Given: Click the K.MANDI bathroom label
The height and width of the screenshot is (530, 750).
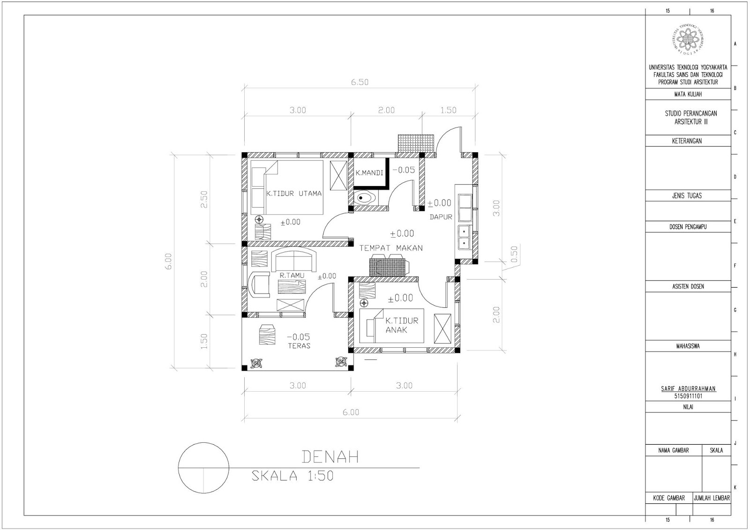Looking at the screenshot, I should pos(369,173).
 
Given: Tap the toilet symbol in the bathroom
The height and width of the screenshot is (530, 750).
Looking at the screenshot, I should pos(365,198).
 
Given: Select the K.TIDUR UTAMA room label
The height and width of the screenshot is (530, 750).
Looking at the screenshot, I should pos(294,193).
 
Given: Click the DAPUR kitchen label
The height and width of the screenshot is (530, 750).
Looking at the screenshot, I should pos(441,217).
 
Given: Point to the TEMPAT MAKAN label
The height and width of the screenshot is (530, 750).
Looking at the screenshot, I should pos(391,248).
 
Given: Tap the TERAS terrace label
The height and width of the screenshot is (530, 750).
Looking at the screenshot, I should pos(299,346).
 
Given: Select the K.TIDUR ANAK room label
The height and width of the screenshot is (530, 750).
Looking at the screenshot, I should pos(401,325).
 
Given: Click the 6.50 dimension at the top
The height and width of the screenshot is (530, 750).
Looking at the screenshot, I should pos(360,82).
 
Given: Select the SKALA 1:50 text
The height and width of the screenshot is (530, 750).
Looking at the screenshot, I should pos(292,476).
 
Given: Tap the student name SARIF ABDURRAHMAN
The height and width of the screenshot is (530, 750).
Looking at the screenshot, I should pos(688,388).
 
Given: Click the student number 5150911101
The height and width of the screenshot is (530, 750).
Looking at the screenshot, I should pos(688,396).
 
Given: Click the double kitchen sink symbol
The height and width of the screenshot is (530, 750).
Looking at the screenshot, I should pos(464,237).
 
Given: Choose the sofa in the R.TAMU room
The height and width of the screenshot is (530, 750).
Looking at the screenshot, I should pos(294,260).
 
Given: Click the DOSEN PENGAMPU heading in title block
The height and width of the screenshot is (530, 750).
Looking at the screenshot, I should pos(688,227).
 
